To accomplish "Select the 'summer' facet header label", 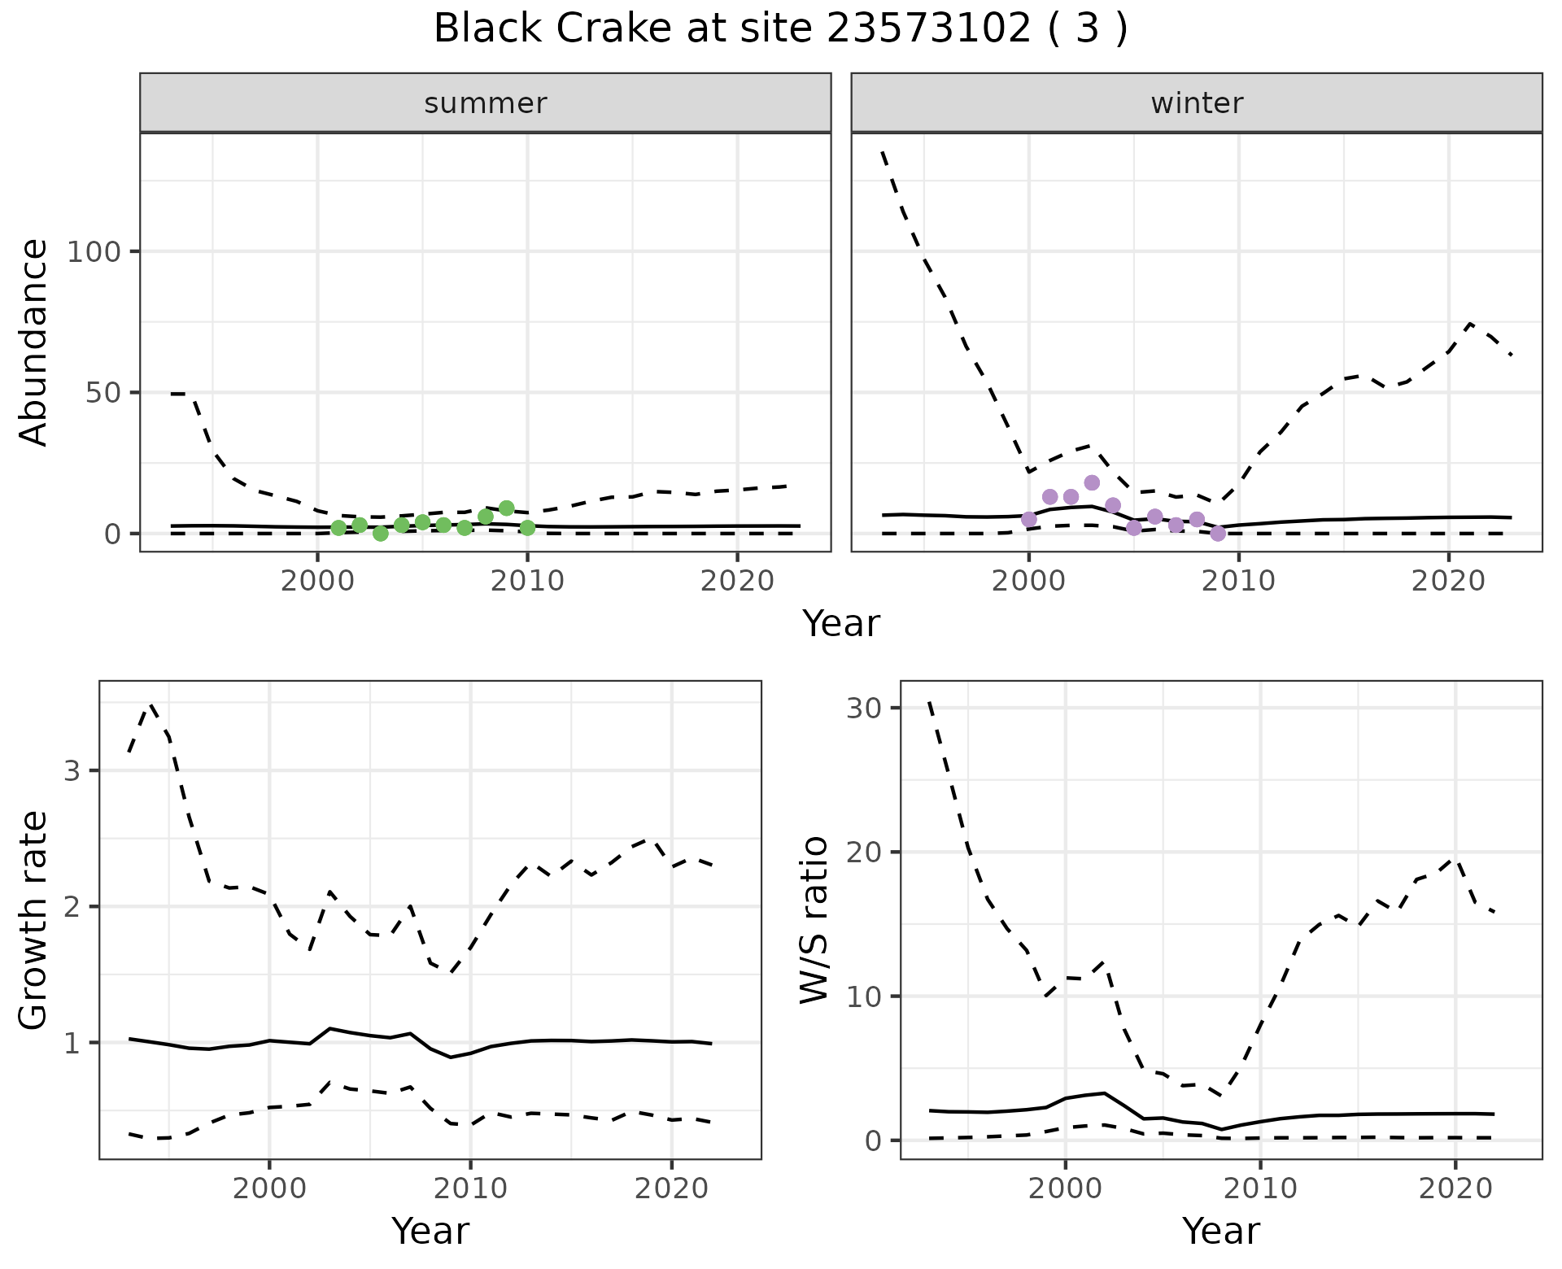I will click(486, 103).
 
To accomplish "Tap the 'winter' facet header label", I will click(1197, 103).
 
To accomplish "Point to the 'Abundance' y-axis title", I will click(34, 342).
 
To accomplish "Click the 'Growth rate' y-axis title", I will click(34, 920).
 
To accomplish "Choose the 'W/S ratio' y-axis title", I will click(814, 920).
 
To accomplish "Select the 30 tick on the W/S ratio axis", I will click(864, 708).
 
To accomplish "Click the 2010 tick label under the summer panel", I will click(527, 582).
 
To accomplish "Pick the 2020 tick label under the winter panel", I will click(1448, 582).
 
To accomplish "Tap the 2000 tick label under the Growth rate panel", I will click(269, 1188).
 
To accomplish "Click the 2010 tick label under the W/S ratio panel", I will click(1260, 1188).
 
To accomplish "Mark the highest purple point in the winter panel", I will click(1092, 482).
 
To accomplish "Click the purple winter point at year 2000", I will click(1029, 519).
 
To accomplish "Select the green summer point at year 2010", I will click(527, 528).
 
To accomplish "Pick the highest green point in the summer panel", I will click(506, 508).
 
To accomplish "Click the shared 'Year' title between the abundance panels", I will click(841, 624).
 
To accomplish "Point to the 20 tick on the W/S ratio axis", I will click(864, 852).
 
